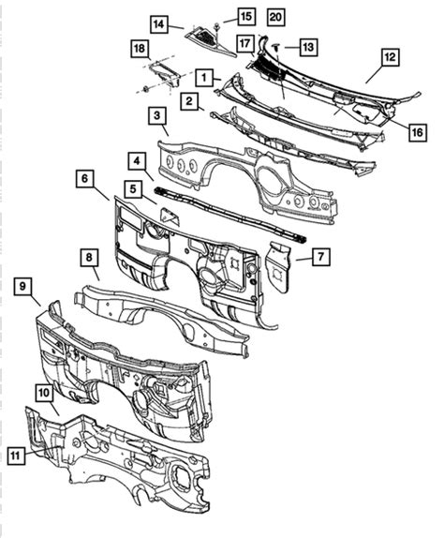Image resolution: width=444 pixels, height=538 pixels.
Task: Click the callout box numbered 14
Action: (x=158, y=24)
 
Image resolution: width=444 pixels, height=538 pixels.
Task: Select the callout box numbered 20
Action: (x=275, y=17)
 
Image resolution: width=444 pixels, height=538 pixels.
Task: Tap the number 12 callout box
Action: (x=391, y=57)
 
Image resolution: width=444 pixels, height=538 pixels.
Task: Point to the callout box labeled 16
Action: (x=417, y=132)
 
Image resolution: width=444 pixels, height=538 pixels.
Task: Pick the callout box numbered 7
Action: (x=321, y=257)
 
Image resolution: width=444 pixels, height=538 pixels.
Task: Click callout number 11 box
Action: (x=16, y=456)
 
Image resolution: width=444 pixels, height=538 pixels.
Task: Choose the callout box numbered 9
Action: (x=22, y=287)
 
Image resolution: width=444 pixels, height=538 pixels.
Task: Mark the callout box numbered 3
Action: (x=157, y=115)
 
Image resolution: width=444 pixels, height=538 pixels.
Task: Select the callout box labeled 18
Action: (x=140, y=49)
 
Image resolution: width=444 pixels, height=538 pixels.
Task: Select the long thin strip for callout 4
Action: (x=230, y=216)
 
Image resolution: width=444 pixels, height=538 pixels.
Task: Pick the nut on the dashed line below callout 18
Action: (x=146, y=89)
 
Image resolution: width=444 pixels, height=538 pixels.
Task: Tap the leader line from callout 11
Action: (x=41, y=451)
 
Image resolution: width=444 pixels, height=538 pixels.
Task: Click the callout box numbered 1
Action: (x=204, y=78)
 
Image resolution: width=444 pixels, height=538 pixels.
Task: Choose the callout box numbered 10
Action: (x=45, y=393)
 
